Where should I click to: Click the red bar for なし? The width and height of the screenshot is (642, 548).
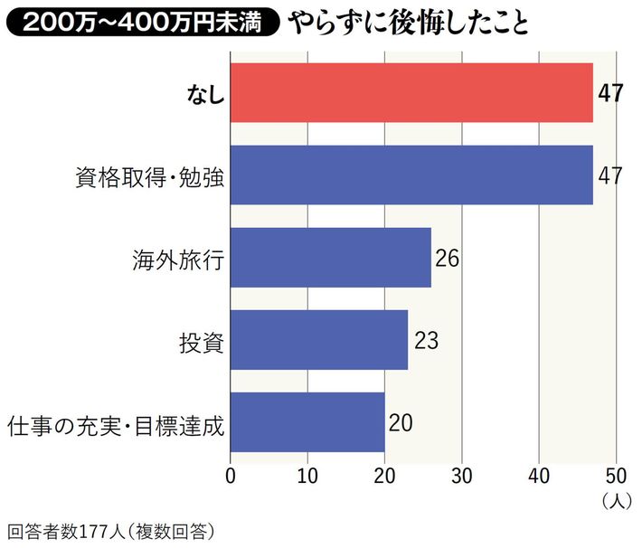click(x=411, y=92)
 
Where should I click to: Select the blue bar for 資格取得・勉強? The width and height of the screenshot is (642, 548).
click(x=411, y=175)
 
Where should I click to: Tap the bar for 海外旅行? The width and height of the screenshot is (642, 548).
click(x=330, y=258)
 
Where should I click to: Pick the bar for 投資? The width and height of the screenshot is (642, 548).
click(x=319, y=340)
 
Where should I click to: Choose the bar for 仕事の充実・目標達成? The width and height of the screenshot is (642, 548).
click(x=307, y=422)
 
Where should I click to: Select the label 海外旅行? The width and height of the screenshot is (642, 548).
click(x=177, y=259)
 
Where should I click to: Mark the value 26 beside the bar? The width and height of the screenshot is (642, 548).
click(x=448, y=258)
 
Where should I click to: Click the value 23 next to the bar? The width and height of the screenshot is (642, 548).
click(x=426, y=340)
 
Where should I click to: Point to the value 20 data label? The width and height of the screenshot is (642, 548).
click(x=402, y=422)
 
